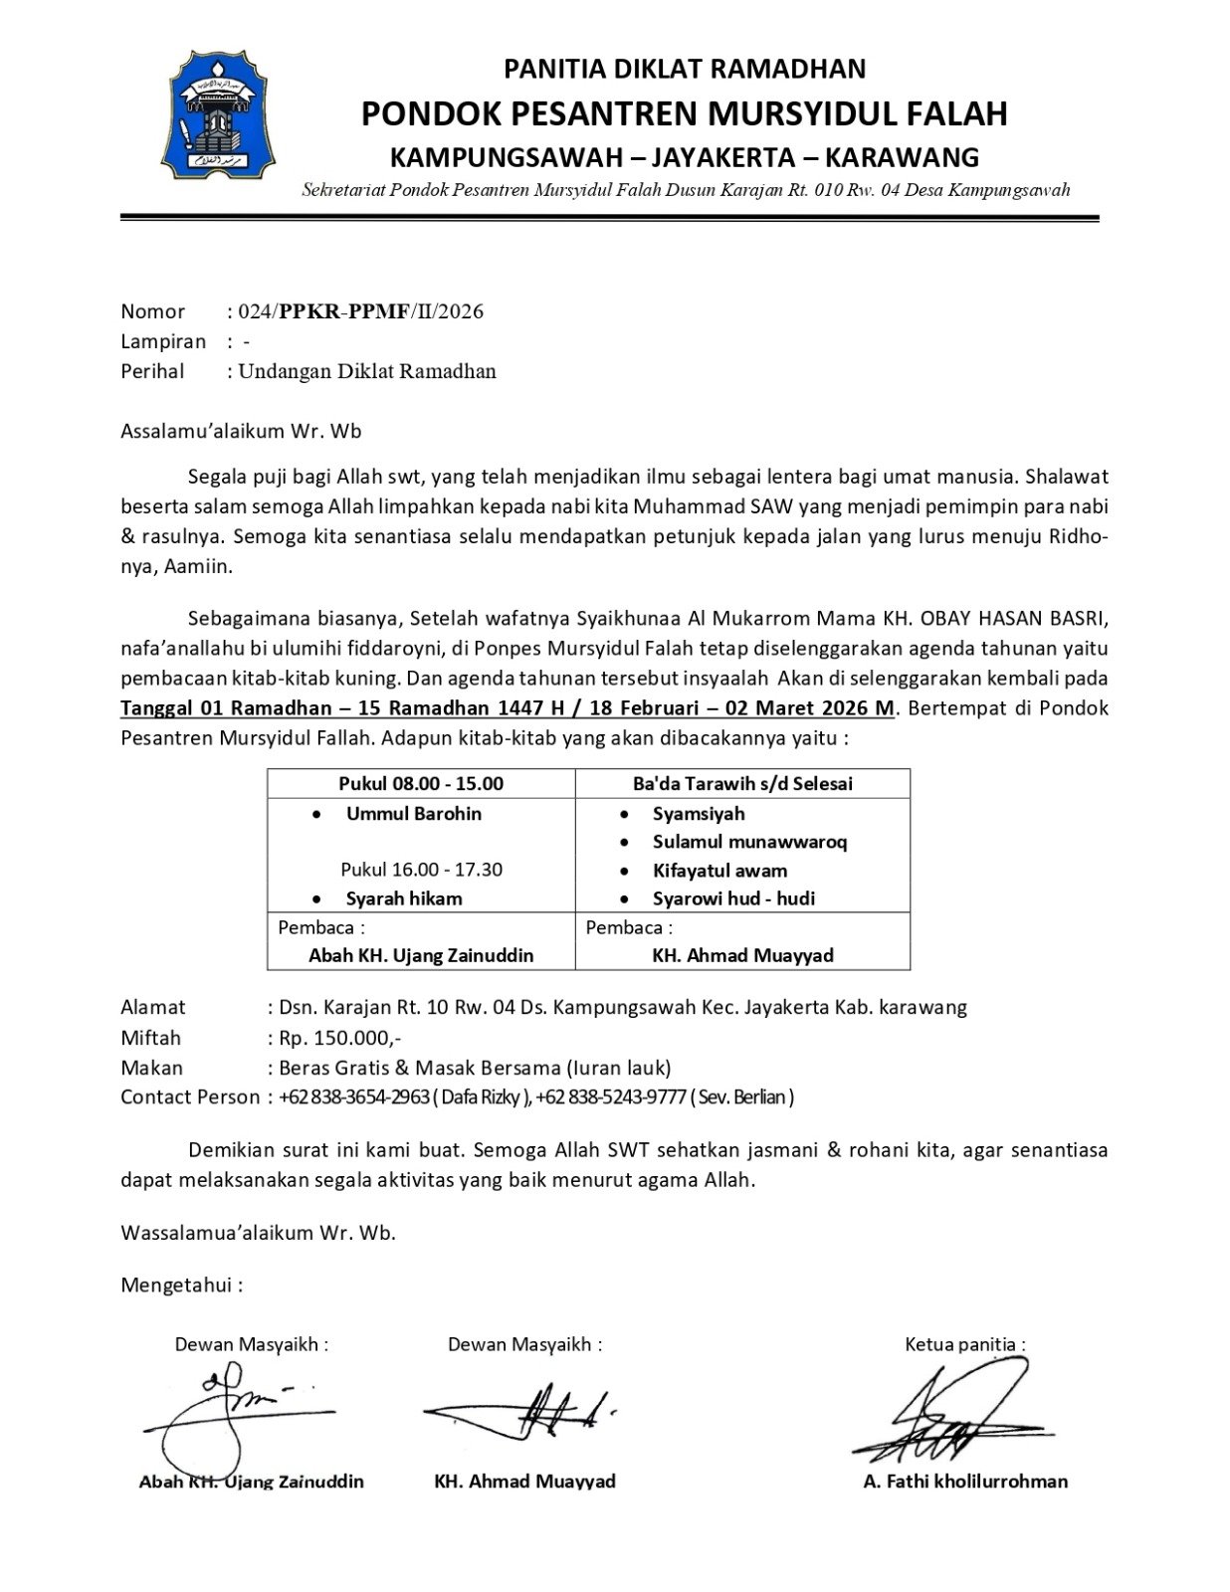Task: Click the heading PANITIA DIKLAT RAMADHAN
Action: point(685,69)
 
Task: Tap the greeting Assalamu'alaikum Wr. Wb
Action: point(241,432)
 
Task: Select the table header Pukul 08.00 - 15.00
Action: point(420,783)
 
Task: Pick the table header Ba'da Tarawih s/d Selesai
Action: point(742,783)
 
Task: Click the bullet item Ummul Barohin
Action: point(413,813)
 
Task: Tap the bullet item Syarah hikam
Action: point(404,898)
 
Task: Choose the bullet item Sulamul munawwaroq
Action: point(749,842)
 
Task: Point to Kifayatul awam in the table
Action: point(719,871)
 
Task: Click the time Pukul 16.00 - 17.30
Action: point(421,869)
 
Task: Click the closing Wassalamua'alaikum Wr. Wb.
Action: point(258,1233)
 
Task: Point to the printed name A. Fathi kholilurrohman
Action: point(965,1482)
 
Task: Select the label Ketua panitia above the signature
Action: point(963,1344)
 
